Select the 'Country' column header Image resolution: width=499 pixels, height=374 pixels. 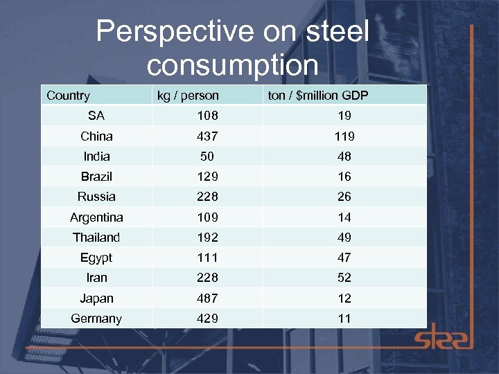click(68, 96)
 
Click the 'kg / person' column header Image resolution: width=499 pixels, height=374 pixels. click(188, 96)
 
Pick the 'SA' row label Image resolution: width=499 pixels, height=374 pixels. click(96, 116)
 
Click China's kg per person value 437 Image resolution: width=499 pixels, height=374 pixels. click(207, 136)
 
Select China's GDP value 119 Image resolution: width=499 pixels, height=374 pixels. click(344, 136)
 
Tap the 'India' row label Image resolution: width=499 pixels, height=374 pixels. click(96, 157)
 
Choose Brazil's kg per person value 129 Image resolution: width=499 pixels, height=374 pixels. click(207, 177)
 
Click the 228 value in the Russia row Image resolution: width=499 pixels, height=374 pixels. click(207, 197)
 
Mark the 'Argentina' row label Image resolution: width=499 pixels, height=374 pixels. click(96, 217)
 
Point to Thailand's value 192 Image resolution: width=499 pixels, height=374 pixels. click(207, 238)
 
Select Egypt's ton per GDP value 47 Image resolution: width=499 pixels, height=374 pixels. click(344, 258)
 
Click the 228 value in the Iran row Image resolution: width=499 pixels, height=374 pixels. click(207, 278)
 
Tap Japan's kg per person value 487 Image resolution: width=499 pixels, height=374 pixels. click(207, 299)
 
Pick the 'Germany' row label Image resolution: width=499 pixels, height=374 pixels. click(96, 319)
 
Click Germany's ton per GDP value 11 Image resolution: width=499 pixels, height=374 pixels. click(344, 319)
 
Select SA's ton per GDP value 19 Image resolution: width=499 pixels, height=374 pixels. click(344, 116)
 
